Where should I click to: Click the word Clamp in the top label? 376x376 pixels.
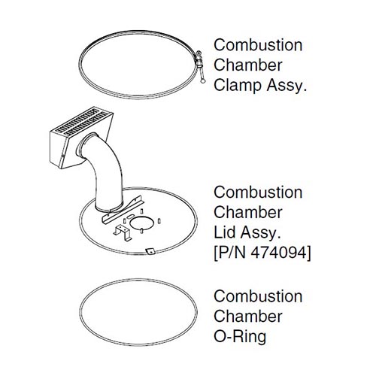(x=238, y=85)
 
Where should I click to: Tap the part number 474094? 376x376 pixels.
(x=278, y=253)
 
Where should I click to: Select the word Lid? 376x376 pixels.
(x=225, y=232)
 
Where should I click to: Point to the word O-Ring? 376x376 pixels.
(x=240, y=337)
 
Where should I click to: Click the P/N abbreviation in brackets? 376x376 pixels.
(x=231, y=253)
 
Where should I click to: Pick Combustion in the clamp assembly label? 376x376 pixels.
(x=258, y=45)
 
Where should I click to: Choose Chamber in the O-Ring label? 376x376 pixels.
(x=248, y=317)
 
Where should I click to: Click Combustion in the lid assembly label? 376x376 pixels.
(x=258, y=193)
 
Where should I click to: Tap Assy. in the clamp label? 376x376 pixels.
(x=287, y=85)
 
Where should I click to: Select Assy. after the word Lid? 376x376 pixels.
(x=260, y=232)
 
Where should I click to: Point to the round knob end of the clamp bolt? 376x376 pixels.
(x=202, y=80)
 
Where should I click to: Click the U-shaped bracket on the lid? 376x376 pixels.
(x=123, y=232)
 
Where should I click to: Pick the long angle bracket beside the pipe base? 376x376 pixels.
(x=122, y=209)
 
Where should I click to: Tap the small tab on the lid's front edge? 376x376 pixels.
(x=151, y=251)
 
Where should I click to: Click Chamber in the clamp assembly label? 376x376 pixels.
(x=248, y=65)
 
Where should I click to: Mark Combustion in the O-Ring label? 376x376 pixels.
(x=258, y=296)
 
